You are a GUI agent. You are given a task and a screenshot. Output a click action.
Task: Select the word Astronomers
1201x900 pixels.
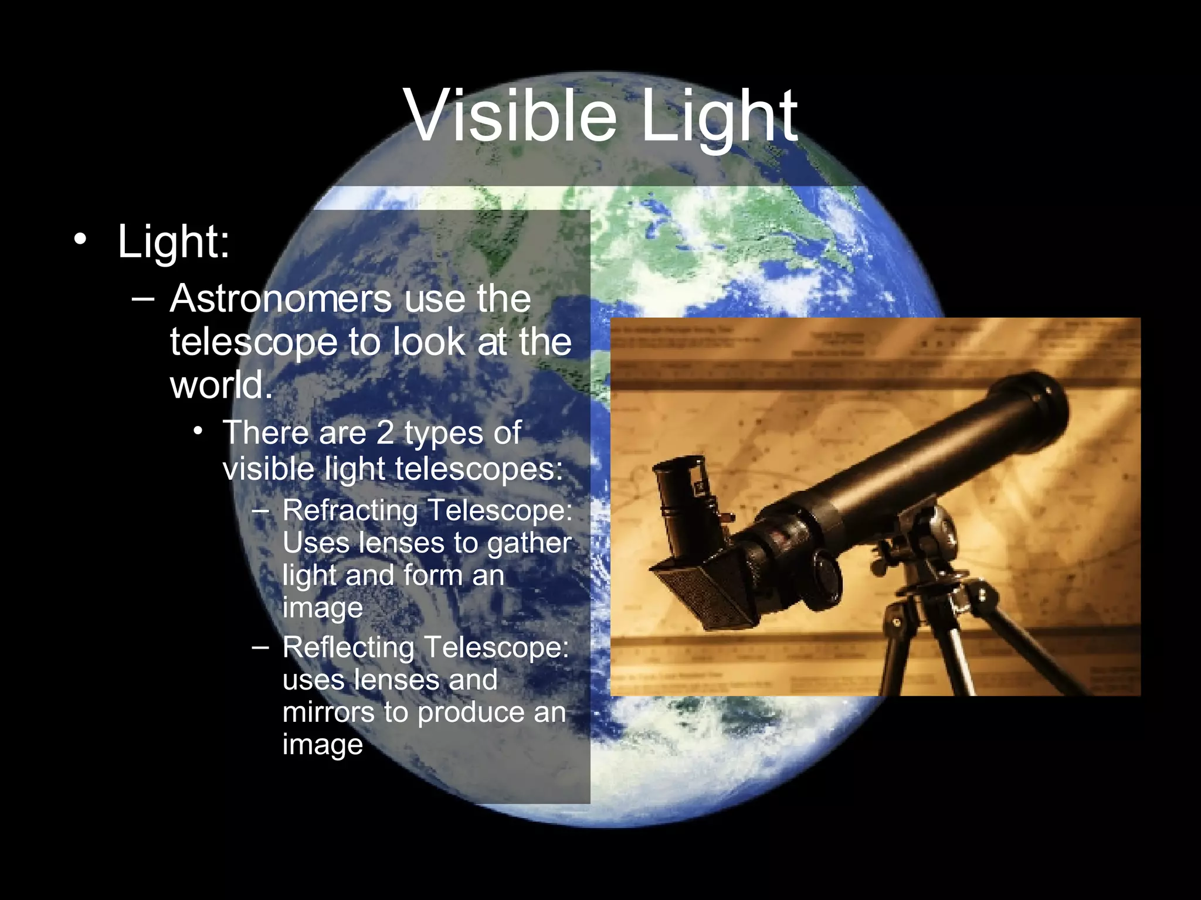[x=281, y=299]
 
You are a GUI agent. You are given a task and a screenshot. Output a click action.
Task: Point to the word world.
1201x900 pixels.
[x=220, y=386]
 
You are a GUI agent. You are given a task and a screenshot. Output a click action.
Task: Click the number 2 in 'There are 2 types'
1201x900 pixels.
[x=385, y=432]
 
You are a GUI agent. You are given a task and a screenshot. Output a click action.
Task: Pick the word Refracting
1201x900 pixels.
[x=351, y=510]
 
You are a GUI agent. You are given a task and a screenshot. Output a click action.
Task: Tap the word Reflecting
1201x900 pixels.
[x=348, y=647]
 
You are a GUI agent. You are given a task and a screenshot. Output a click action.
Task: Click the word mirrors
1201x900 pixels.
[x=328, y=712]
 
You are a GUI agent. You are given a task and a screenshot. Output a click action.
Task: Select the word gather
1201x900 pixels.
[x=529, y=543]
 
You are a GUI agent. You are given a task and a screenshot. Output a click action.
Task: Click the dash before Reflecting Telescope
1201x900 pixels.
[x=260, y=647]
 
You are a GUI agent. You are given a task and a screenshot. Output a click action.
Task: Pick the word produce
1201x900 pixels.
[x=475, y=712]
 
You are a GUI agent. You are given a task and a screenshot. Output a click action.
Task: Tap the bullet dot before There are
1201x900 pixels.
[x=199, y=432]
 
